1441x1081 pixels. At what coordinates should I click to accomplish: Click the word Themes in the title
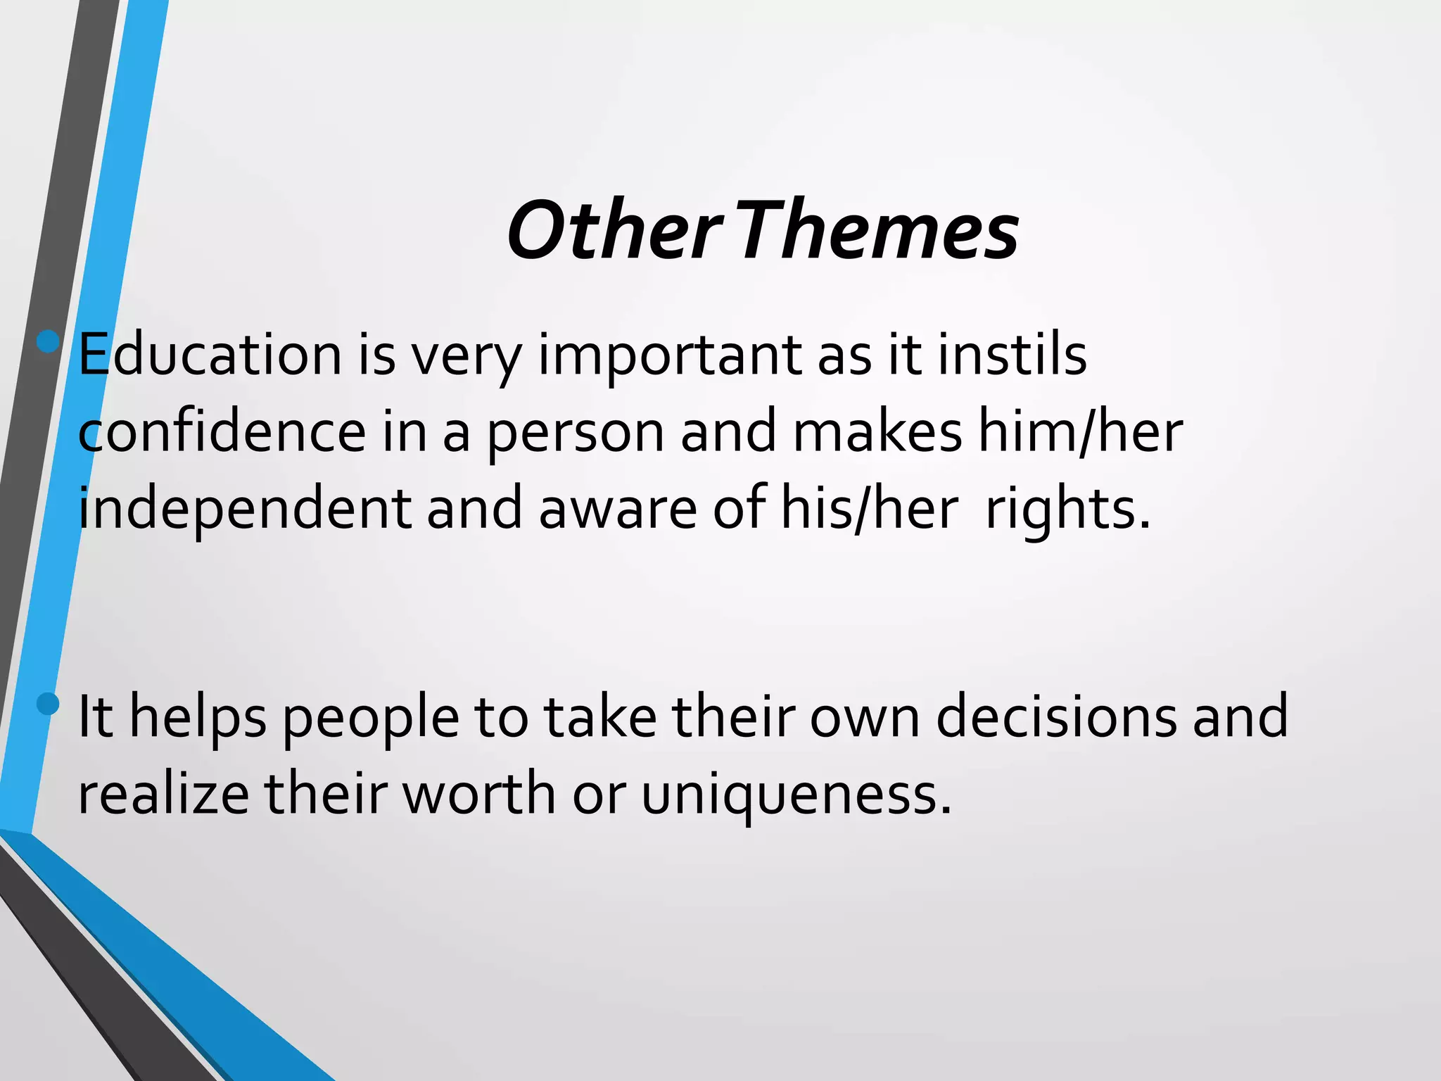click(x=879, y=231)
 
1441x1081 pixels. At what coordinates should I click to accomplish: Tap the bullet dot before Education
click(x=49, y=342)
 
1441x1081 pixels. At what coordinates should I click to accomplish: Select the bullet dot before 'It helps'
click(x=49, y=703)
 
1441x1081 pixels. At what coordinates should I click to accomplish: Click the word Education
click(x=210, y=355)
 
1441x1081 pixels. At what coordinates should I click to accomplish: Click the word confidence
click(x=222, y=432)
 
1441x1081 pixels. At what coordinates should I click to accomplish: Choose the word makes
click(x=877, y=432)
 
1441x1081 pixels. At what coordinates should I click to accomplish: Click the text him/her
click(x=1081, y=432)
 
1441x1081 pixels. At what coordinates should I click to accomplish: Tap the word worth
click(x=478, y=794)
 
